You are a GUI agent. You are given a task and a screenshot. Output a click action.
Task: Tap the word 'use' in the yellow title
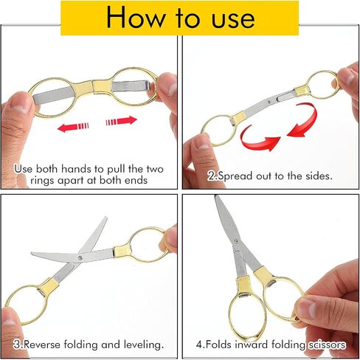[x=233, y=19]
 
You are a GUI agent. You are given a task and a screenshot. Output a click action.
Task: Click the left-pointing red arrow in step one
[x=73, y=127]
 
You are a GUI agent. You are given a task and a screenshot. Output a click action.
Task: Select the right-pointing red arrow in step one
[x=121, y=121]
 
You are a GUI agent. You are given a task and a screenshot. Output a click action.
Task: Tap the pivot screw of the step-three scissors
[x=80, y=257]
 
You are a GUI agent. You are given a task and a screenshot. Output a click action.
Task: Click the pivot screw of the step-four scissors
[x=237, y=240]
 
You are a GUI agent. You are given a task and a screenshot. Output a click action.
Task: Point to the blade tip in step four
[x=215, y=196]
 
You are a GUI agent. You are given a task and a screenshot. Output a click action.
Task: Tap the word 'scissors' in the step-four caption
[x=327, y=345]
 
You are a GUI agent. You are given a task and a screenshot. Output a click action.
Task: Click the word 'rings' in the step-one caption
[x=42, y=181]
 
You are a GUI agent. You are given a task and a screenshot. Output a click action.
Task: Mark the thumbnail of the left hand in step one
[x=21, y=108]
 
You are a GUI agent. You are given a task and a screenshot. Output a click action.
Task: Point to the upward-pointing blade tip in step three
[x=105, y=218]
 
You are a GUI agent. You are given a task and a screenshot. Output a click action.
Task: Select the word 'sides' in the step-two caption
[x=319, y=176]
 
